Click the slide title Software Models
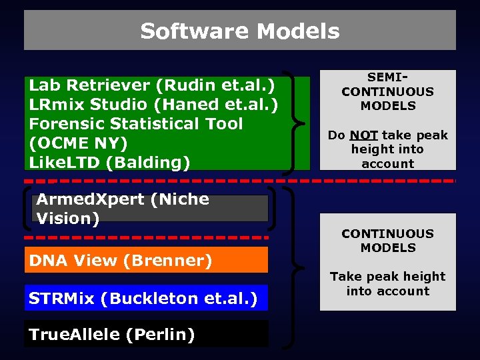tap(240, 31)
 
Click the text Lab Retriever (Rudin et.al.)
tap(152, 85)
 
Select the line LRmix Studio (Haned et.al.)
tap(153, 105)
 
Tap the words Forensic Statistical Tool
tap(136, 124)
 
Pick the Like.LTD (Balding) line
tap(109, 162)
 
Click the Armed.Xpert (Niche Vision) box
tap(150, 209)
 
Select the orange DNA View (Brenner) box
tap(147, 260)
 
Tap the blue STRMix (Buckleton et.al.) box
tap(147, 298)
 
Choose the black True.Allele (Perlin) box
tap(147, 334)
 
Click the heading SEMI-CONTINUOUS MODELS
tap(387, 92)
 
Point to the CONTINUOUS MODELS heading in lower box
tap(387, 241)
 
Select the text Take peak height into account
tap(387, 283)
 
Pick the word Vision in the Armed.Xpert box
tap(68, 218)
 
